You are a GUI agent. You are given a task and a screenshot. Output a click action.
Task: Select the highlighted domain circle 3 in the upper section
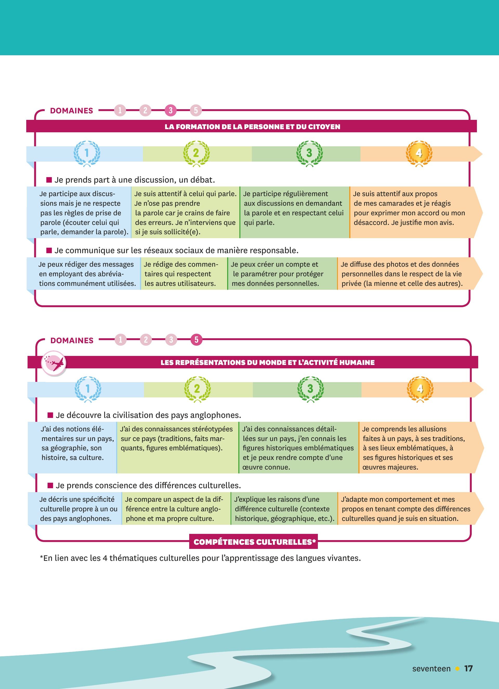tap(170, 110)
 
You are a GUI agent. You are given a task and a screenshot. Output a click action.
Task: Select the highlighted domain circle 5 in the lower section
tap(196, 340)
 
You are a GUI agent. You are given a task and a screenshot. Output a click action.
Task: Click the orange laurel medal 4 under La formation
tap(419, 153)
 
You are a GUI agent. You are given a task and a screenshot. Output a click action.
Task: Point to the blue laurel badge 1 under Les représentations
tap(88, 389)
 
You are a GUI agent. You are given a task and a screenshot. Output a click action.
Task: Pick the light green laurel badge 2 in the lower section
tap(197, 389)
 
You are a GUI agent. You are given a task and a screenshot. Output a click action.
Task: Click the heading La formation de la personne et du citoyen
tap(252, 127)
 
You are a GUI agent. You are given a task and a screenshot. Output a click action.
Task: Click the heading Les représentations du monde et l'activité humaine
tap(267, 362)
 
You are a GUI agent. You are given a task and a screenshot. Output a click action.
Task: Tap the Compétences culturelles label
tap(253, 542)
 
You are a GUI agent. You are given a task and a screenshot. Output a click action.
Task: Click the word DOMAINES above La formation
tap(71, 111)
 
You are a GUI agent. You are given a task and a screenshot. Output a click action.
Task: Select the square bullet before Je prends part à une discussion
tap(49, 180)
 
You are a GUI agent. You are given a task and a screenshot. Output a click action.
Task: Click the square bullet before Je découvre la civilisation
tap(50, 415)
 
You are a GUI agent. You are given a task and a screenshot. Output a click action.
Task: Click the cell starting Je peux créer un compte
tap(282, 274)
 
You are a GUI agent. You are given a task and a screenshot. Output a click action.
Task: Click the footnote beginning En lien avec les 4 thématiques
tap(200, 558)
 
